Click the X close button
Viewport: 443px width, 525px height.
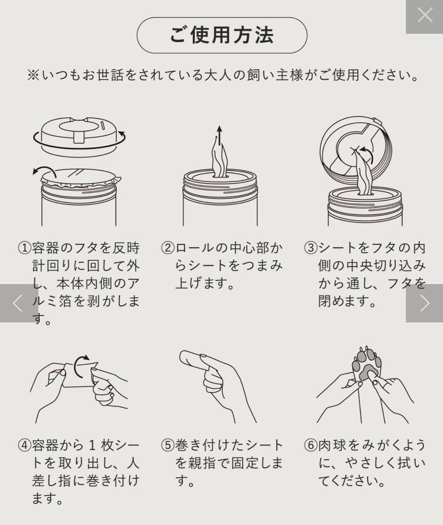coord(425,15)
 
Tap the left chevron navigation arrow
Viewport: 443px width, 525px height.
coord(18,303)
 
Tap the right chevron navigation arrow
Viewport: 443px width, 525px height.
coord(425,303)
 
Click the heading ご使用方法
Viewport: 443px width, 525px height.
coord(222,35)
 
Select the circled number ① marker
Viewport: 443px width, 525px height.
coord(25,248)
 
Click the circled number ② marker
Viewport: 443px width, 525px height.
coord(167,248)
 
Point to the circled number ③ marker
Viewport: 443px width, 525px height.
coord(311,248)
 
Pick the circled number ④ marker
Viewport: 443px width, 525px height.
coord(25,445)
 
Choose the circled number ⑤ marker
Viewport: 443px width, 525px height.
coord(167,445)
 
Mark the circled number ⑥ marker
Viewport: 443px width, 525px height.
coord(311,445)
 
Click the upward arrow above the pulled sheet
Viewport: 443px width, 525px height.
coord(220,135)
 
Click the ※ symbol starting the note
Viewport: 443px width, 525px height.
coord(33,76)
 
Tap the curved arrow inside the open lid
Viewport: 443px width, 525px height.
coord(366,154)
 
